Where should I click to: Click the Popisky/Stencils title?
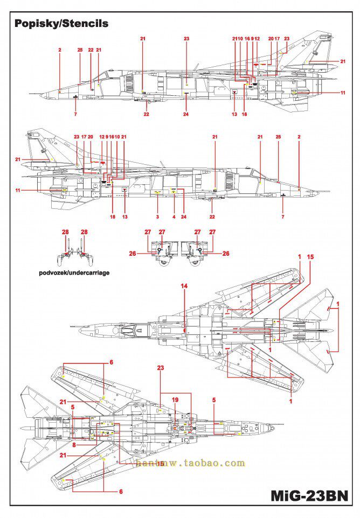(61, 24)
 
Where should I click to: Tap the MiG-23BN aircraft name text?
(310, 495)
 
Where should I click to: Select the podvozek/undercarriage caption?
(74, 272)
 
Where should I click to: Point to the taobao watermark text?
(190, 463)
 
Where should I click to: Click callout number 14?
(184, 286)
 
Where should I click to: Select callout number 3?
(157, 216)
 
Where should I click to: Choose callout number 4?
(174, 216)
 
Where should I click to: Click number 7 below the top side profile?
(75, 114)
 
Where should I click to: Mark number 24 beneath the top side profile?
(186, 114)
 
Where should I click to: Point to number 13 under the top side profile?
(234, 114)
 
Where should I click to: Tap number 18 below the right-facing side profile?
(113, 216)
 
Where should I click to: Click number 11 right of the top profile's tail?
(343, 93)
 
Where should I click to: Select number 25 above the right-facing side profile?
(278, 137)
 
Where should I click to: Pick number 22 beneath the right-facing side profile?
(212, 216)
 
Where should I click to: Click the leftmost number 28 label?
(65, 232)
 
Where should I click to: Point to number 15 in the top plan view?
(309, 257)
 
